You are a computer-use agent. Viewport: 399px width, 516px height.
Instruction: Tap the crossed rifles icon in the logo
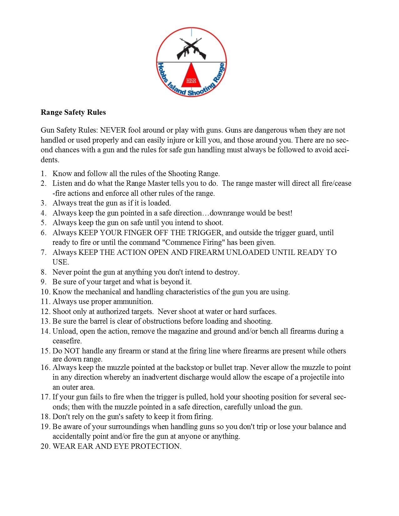pos(191,48)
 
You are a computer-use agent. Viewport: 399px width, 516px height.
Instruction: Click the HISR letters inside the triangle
pos(191,81)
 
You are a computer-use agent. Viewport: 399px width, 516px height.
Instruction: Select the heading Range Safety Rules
pos(73,112)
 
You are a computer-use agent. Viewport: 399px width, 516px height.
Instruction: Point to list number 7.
pos(43,252)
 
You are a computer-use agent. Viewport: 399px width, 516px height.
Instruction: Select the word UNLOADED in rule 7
pos(248,252)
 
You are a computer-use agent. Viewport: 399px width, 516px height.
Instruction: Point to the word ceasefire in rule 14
pos(67,341)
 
